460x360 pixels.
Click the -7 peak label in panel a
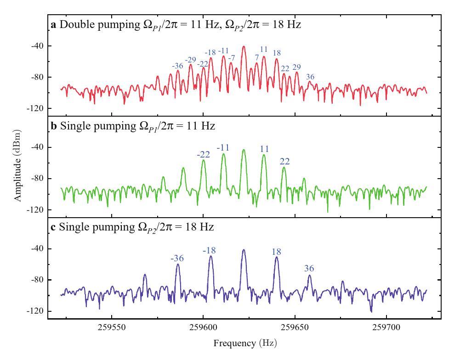coord(232,57)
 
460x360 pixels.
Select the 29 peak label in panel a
coord(296,67)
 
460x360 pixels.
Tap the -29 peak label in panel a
coord(190,60)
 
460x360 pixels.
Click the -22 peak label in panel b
coord(203,154)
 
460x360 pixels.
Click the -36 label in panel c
coord(177,259)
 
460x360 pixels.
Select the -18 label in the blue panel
coord(209,250)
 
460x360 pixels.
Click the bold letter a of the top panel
coord(53,24)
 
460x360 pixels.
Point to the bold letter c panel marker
coord(53,227)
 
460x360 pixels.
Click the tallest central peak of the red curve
coord(244,46)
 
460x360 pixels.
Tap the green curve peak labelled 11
coord(264,155)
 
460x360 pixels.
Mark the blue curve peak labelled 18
coord(277,258)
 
